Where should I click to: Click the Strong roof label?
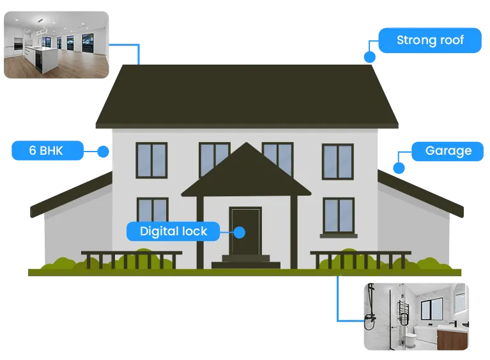coord(430,40)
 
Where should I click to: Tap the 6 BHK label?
coord(47,150)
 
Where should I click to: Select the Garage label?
coord(447,151)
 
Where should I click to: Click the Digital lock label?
coord(173,231)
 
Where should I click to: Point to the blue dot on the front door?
coord(240,232)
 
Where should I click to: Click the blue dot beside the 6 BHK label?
coord(103,152)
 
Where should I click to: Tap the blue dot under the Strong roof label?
coord(370,58)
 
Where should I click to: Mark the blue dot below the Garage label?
coord(399,168)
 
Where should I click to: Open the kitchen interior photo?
coord(56,45)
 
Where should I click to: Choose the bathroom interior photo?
coord(417,317)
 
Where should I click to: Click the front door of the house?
coord(245,230)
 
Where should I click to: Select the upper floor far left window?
coord(151,160)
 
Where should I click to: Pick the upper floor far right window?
coord(338,161)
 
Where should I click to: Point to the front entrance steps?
coord(246,262)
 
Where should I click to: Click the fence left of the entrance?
coord(132,260)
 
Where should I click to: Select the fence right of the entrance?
coord(360,260)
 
